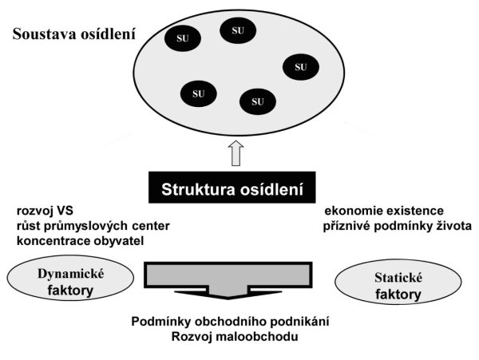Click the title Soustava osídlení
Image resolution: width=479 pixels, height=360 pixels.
click(x=73, y=34)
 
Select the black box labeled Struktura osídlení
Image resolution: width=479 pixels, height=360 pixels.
click(x=232, y=188)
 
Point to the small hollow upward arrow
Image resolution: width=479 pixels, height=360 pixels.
click(x=236, y=153)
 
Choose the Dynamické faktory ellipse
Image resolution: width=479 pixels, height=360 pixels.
click(x=70, y=278)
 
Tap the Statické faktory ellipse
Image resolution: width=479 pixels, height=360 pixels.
click(x=398, y=282)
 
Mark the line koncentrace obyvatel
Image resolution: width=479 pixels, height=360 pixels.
click(x=80, y=241)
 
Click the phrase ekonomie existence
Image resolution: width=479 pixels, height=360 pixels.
click(x=384, y=211)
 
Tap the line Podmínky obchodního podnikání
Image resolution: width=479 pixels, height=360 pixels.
click(x=231, y=322)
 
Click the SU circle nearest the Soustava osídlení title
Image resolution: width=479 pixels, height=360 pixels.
click(x=183, y=38)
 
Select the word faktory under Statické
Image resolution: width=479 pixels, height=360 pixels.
click(x=398, y=295)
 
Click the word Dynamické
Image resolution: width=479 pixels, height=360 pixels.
click(x=70, y=274)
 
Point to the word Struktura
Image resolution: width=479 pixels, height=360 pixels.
click(x=198, y=189)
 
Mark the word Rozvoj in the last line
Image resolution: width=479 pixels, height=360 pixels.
click(x=192, y=337)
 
